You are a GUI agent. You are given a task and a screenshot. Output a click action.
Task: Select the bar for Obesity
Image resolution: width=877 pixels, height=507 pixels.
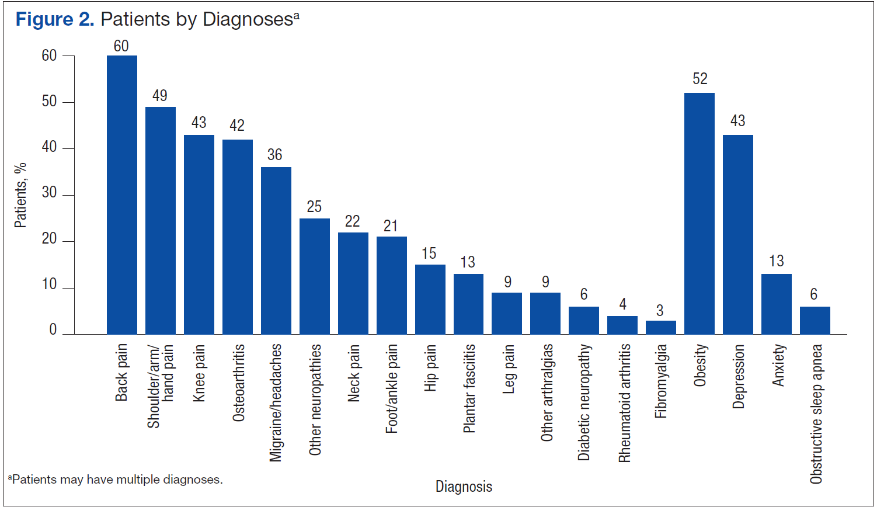pyautogui.click(x=699, y=213)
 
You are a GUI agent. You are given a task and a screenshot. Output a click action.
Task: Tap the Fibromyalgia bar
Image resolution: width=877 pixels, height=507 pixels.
pyautogui.click(x=661, y=328)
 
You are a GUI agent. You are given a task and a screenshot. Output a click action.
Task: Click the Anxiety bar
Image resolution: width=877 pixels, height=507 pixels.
pyautogui.click(x=777, y=304)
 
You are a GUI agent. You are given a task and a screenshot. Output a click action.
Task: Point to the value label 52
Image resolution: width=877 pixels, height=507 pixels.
pyautogui.click(x=700, y=79)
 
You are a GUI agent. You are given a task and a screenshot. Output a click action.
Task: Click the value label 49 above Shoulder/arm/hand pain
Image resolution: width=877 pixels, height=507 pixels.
pyautogui.click(x=160, y=96)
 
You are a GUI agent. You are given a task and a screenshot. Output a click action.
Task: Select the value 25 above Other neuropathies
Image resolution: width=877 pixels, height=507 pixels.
pyautogui.click(x=314, y=207)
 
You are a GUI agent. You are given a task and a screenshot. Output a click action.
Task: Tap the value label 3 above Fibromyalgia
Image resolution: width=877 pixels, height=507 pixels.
pyautogui.click(x=660, y=311)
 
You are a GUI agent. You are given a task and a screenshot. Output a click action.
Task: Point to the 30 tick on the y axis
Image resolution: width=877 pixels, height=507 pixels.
pyautogui.click(x=50, y=193)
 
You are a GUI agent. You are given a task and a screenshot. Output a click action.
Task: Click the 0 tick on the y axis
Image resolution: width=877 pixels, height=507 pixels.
pyautogui.click(x=53, y=330)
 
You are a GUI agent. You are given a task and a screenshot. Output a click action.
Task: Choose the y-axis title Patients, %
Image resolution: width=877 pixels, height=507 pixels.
pyautogui.click(x=20, y=195)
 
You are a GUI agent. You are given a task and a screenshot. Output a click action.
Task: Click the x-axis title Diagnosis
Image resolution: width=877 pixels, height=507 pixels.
pyautogui.click(x=464, y=487)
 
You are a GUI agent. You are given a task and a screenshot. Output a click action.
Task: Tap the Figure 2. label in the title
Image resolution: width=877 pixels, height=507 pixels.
pyautogui.click(x=54, y=19)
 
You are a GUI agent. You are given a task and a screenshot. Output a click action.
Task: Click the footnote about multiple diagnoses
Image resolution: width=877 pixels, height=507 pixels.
pyautogui.click(x=116, y=480)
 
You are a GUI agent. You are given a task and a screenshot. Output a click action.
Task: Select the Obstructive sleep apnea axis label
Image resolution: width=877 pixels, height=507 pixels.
pyautogui.click(x=816, y=414)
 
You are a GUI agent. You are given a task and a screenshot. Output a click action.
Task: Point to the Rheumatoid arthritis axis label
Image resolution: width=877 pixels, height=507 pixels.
pyautogui.click(x=624, y=403)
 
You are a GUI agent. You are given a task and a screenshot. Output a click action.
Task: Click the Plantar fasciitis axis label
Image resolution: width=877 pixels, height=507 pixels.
pyautogui.click(x=469, y=388)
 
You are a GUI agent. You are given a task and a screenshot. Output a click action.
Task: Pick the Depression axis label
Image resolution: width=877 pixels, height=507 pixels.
pyautogui.click(x=739, y=376)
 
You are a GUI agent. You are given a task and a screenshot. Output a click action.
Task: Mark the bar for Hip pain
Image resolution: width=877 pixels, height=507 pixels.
pyautogui.click(x=430, y=299)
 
